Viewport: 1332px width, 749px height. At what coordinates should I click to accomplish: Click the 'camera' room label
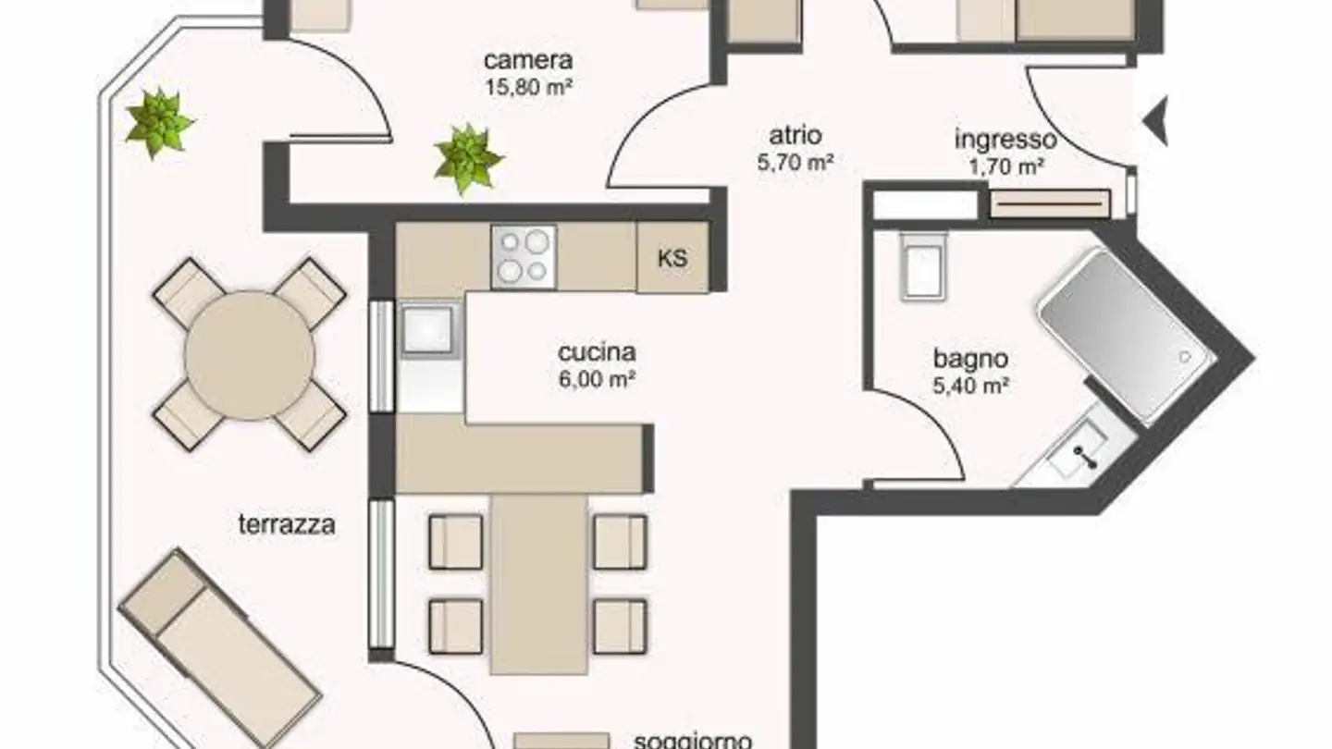click(528, 61)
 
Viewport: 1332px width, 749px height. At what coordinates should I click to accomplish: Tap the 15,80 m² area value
click(528, 89)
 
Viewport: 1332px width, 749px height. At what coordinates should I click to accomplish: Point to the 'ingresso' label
click(1005, 141)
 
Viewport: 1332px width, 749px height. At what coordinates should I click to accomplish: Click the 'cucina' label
click(597, 352)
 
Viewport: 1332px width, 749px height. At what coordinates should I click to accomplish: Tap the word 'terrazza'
click(287, 526)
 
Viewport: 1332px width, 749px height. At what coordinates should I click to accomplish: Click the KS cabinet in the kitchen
click(672, 258)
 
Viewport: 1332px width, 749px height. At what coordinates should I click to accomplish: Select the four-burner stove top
click(524, 256)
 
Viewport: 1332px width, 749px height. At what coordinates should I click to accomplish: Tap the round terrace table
click(249, 355)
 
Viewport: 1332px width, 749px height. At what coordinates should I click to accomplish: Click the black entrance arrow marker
click(1156, 120)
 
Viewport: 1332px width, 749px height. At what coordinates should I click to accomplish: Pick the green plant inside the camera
click(468, 158)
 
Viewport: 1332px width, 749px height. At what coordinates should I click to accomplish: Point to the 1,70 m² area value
click(1005, 167)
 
